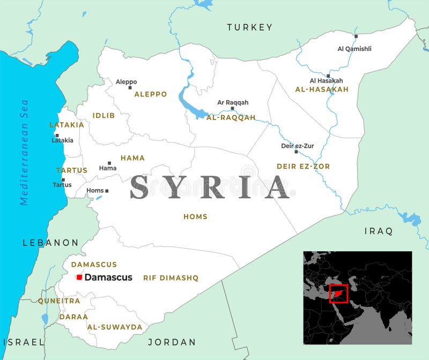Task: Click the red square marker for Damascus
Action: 79,277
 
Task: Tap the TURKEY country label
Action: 249,27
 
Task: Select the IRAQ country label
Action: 379,231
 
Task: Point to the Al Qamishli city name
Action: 354,49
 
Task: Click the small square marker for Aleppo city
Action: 130,88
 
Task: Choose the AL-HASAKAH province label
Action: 322,89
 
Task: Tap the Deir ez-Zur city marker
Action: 295,152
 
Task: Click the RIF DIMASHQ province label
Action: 171,278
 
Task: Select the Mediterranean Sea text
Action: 24,152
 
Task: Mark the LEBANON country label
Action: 50,243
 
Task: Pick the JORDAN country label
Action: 172,342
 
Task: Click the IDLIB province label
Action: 103,115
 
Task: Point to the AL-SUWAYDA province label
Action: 115,327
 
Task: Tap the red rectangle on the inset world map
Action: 338,294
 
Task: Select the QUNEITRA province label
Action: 58,301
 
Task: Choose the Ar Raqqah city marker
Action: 232,108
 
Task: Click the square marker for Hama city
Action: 109,163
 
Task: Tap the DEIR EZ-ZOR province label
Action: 303,167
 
